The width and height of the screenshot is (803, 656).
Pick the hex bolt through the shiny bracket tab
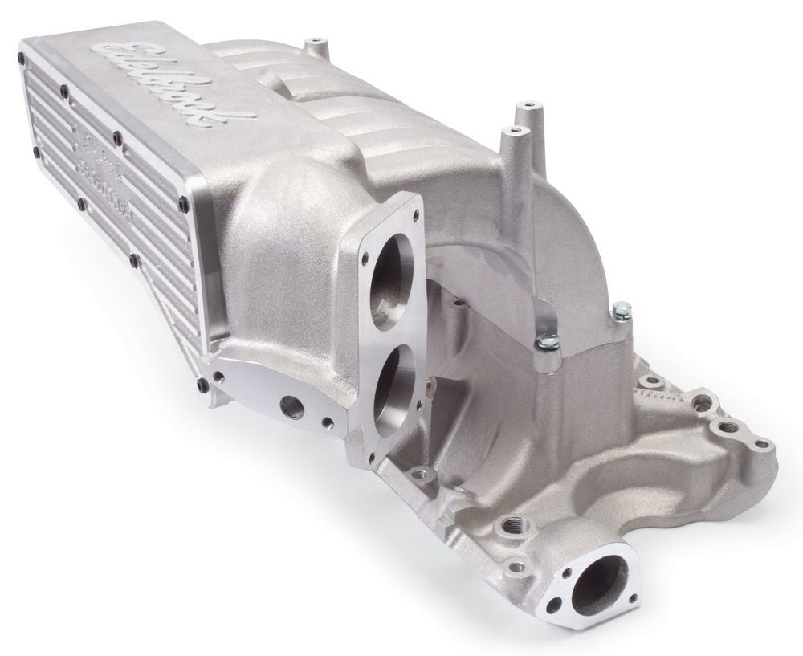(548, 341)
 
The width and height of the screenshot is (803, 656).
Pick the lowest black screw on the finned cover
(201, 387)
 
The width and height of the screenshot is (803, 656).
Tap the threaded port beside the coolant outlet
(507, 527)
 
